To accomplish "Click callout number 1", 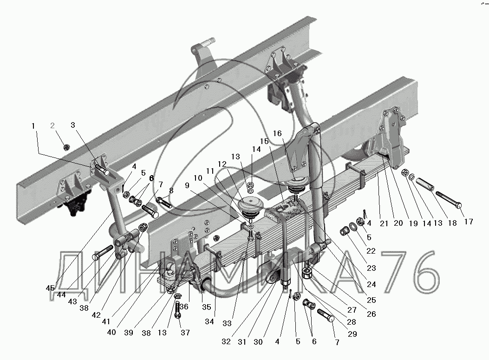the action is coord(33,125).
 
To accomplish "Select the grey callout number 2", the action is coord(52,125).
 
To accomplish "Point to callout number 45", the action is coord(50,288).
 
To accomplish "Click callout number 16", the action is coord(277,133).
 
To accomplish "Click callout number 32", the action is coord(226,341).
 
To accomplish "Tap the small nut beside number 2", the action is coord(66,147).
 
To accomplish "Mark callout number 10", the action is coord(198,178).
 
